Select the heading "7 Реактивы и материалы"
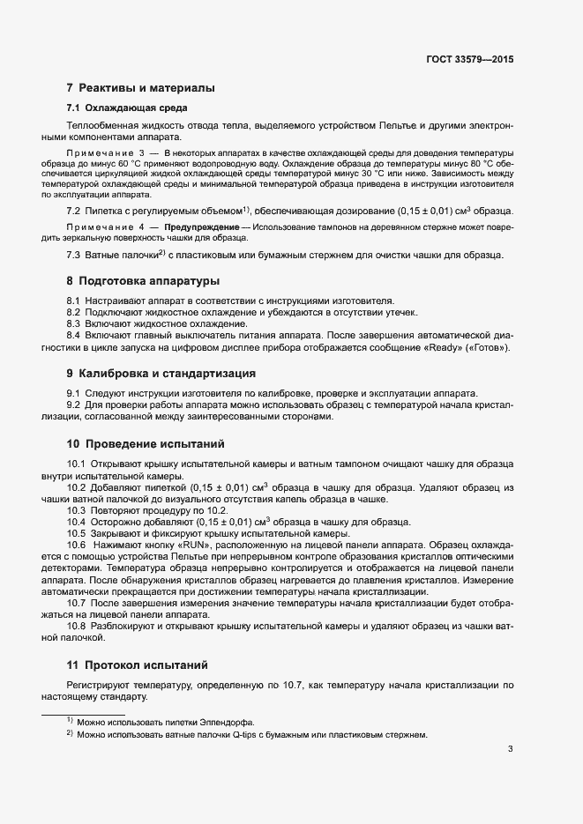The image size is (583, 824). [139, 88]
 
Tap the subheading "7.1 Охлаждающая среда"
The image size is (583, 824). [126, 108]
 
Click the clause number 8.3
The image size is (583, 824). [74, 324]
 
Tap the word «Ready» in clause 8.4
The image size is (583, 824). [431, 347]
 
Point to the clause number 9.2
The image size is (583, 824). [74, 405]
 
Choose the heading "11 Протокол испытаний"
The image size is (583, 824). [139, 664]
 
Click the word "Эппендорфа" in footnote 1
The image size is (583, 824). [228, 721]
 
